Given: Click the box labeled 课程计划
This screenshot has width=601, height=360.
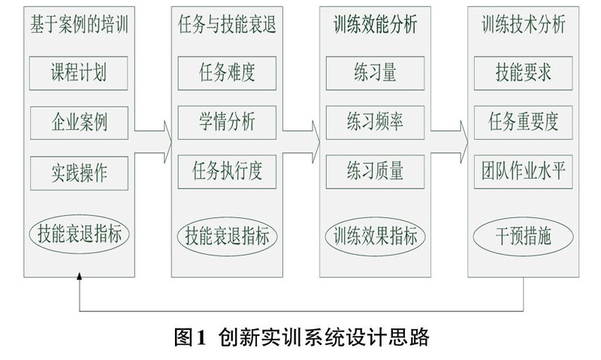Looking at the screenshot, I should pyautogui.click(x=79, y=73).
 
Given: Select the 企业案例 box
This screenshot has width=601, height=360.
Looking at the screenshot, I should pyautogui.click(x=79, y=121).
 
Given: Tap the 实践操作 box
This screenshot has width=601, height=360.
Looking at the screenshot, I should pyautogui.click(x=79, y=171).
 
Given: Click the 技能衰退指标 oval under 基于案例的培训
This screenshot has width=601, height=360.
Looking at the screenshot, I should pyautogui.click(x=79, y=234).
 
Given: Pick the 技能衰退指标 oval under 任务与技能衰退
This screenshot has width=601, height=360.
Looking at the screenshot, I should pyautogui.click(x=228, y=234).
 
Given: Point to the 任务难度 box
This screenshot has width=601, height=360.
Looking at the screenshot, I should pyautogui.click(x=228, y=73).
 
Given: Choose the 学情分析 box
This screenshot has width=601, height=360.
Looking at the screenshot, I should pyautogui.click(x=228, y=121).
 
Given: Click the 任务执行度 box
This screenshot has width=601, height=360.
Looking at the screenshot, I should pyautogui.click(x=228, y=171).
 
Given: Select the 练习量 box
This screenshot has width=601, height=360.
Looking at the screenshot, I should pyautogui.click(x=375, y=73).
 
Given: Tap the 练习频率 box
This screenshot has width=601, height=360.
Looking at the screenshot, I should pyautogui.click(x=375, y=121).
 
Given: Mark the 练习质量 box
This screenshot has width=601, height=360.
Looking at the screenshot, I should pyautogui.click(x=375, y=171).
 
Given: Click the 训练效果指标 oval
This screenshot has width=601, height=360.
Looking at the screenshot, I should pyautogui.click(x=375, y=234).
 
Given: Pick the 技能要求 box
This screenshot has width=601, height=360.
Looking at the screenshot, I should pyautogui.click(x=523, y=73).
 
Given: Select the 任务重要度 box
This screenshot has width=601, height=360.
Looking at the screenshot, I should pyautogui.click(x=523, y=121).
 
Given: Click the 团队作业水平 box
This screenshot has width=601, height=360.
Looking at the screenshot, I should pyautogui.click(x=523, y=171).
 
